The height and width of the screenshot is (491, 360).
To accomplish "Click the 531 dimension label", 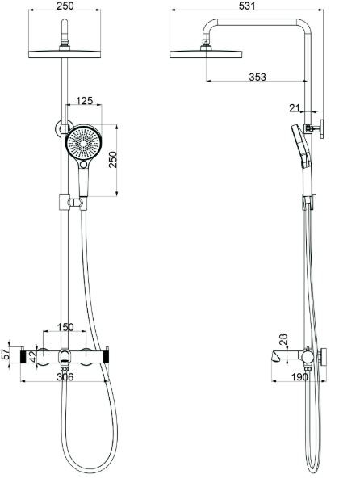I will coord(247,7).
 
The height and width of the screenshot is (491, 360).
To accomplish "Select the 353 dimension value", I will coord(257,77).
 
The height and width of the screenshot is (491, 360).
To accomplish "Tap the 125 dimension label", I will coord(84,102).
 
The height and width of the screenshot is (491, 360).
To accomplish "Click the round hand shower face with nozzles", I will coord(83,145).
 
